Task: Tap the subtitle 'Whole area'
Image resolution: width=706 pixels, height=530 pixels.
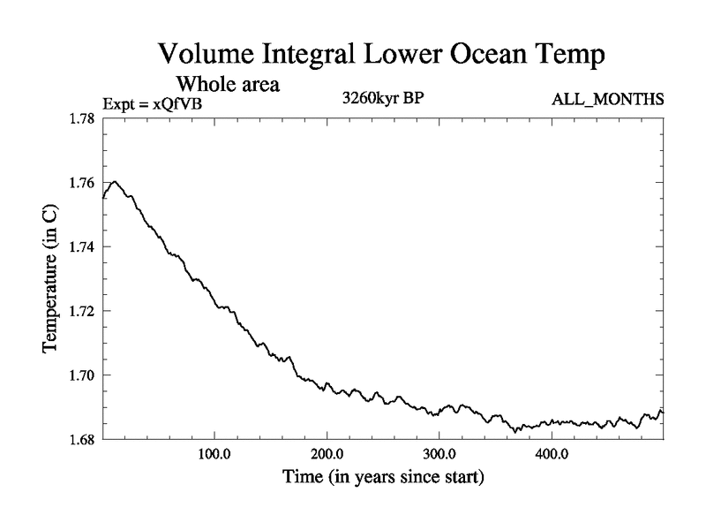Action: click(x=229, y=85)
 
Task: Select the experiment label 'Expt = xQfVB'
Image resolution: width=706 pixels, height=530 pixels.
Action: click(x=159, y=102)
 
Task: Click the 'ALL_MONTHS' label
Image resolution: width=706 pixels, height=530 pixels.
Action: click(x=607, y=99)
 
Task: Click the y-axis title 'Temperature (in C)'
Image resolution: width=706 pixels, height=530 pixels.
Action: click(x=51, y=279)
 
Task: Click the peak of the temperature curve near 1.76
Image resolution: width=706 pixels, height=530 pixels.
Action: click(x=115, y=181)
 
